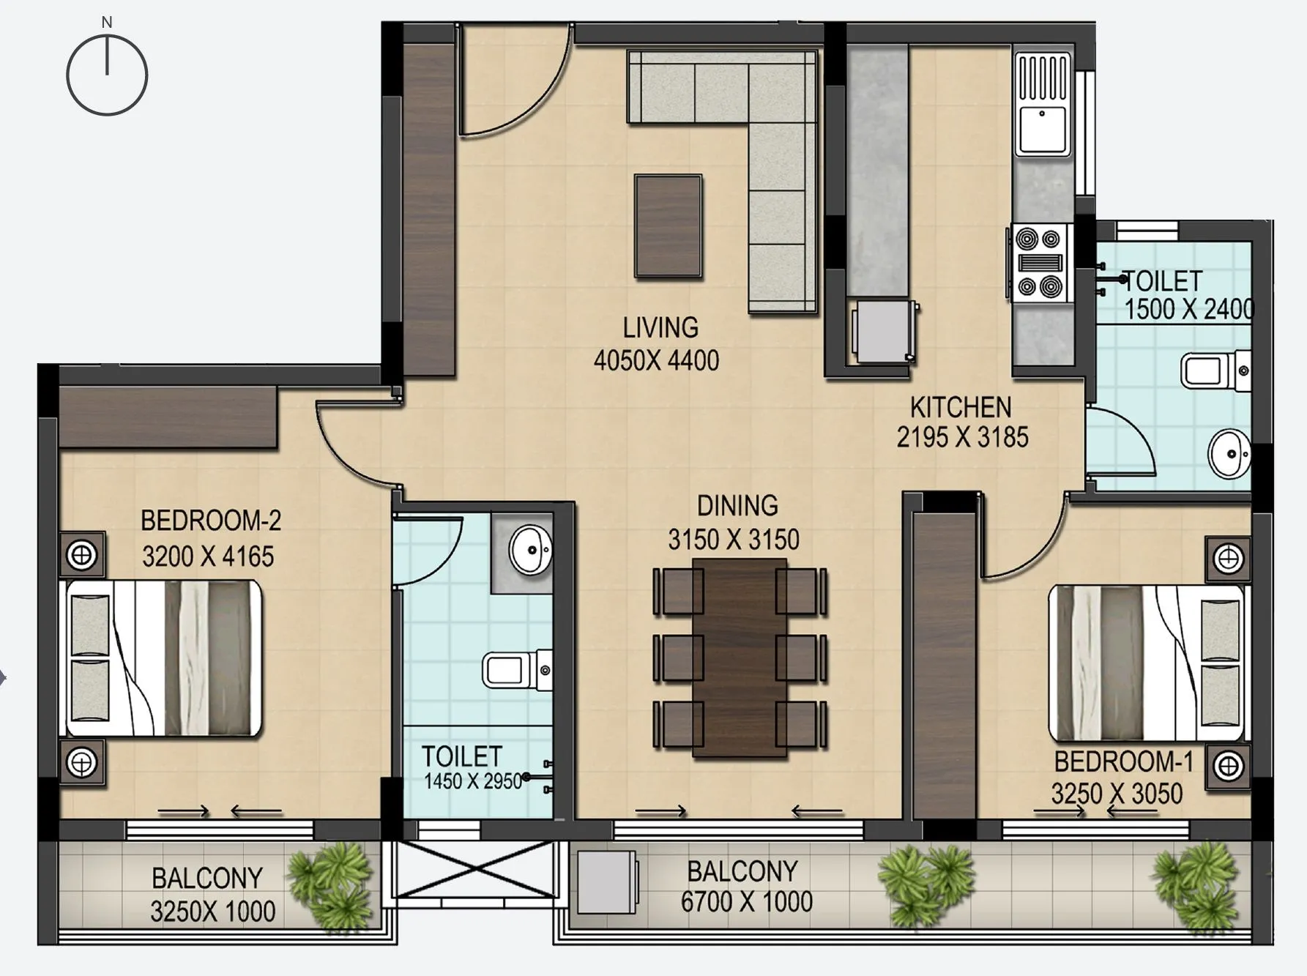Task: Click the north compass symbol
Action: [107, 75]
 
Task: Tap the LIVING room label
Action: [660, 327]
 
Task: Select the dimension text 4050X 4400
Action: [656, 360]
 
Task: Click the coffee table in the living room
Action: [668, 226]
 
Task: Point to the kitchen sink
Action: [1042, 129]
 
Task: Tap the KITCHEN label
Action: [960, 407]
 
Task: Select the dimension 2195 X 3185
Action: [962, 437]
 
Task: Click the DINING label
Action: [737, 505]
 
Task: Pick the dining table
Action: [740, 658]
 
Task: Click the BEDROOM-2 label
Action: [211, 521]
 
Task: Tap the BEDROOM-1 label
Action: [1123, 762]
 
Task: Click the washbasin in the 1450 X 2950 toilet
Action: [530, 549]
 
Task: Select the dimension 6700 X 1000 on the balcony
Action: [746, 902]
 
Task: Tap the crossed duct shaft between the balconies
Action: [474, 869]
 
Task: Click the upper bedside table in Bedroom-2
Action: [81, 555]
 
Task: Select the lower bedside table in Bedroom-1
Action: [1228, 767]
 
